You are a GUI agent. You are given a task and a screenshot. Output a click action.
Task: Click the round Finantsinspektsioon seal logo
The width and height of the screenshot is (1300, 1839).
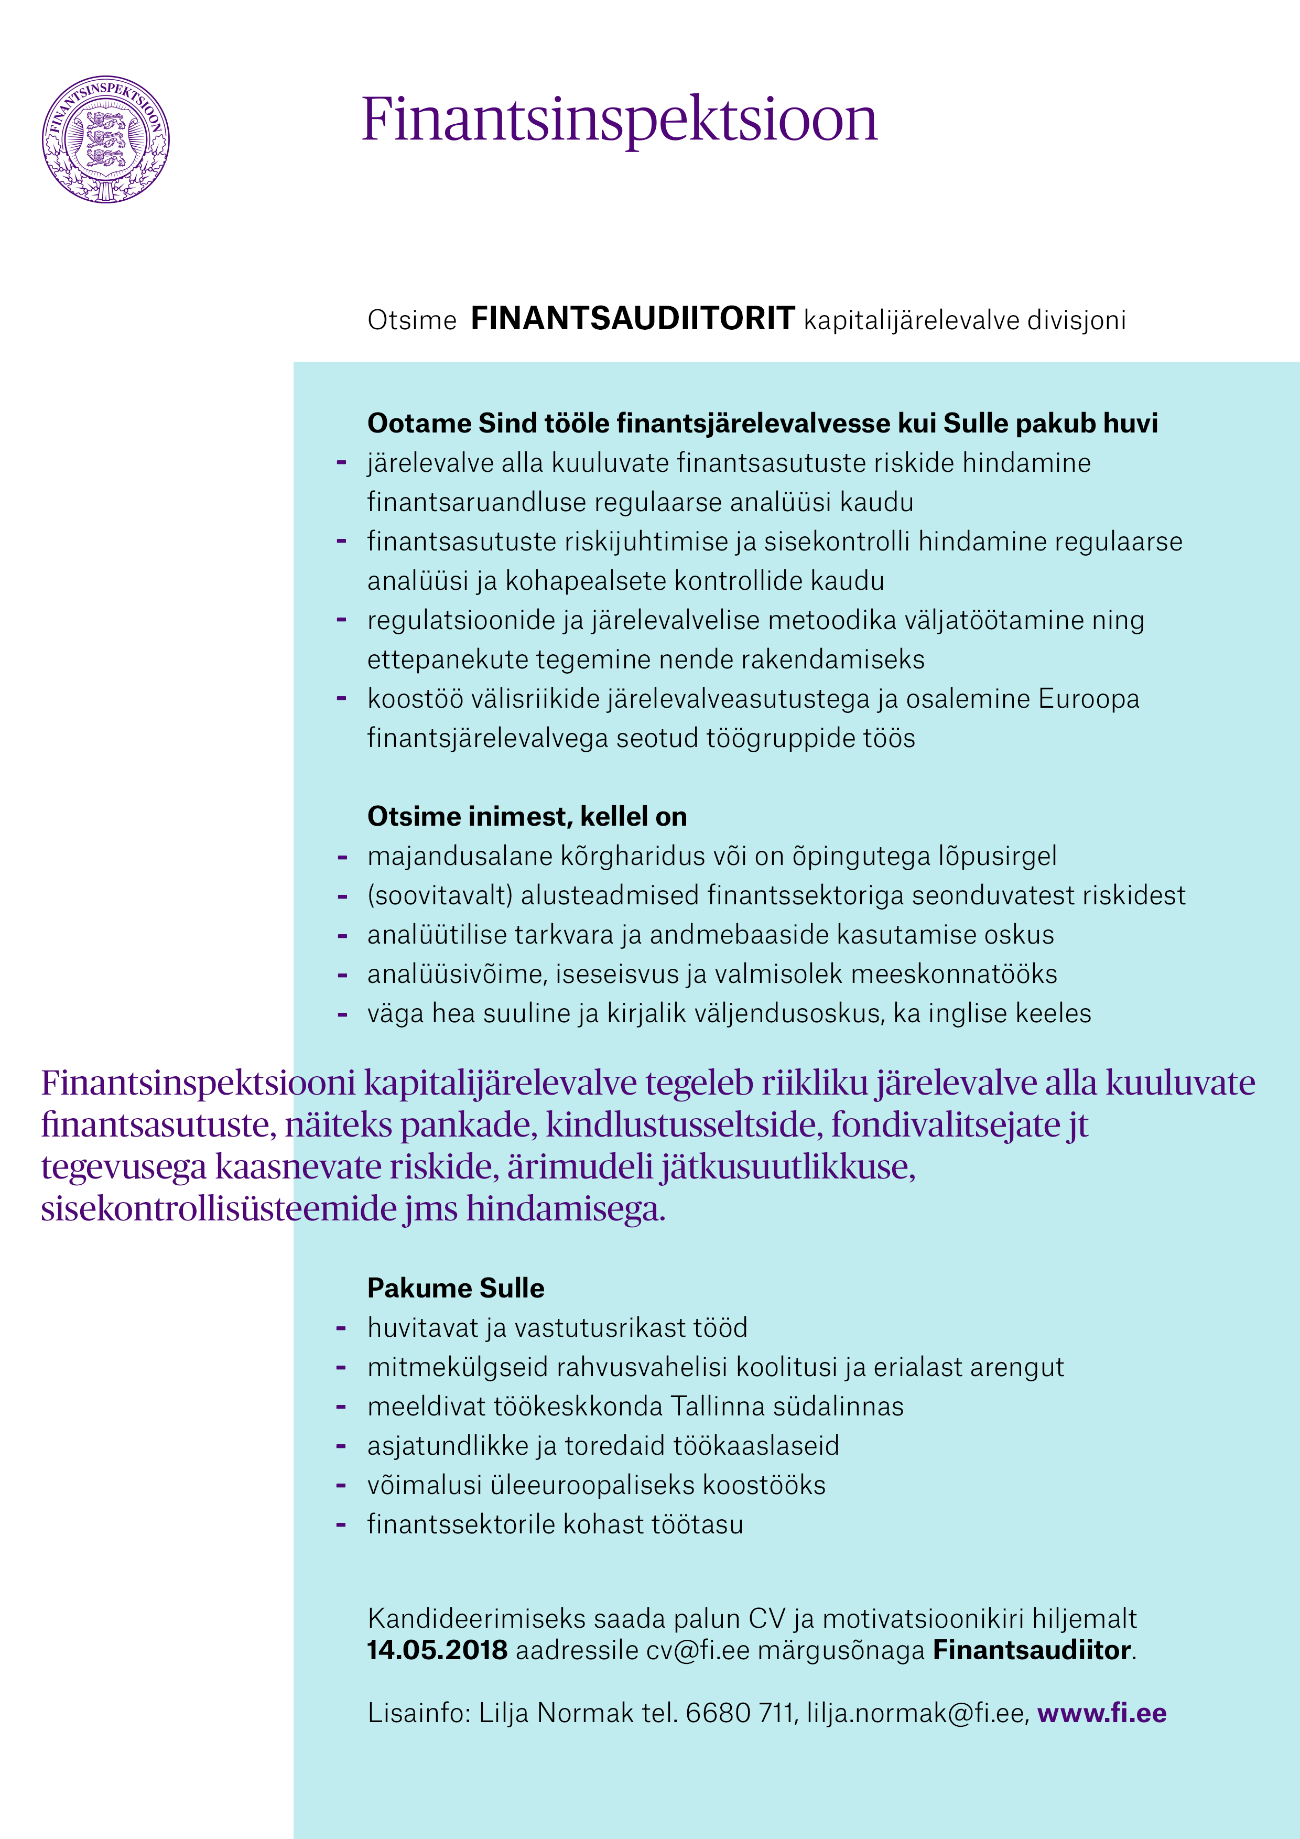[x=106, y=139]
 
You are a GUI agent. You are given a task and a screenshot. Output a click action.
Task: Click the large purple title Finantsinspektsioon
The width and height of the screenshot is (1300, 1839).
[x=619, y=120]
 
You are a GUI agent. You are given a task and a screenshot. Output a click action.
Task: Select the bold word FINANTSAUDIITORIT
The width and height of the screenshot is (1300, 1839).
[x=632, y=319]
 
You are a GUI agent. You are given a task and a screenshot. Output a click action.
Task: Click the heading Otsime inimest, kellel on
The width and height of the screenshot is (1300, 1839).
[x=526, y=816]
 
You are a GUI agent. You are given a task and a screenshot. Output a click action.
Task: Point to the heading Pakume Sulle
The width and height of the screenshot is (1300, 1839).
[x=455, y=1288]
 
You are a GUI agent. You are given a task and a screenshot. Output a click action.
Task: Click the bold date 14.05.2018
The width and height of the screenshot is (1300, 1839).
[x=437, y=1650]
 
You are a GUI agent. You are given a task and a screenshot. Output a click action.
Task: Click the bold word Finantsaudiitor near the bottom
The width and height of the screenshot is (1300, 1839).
[x=1032, y=1650]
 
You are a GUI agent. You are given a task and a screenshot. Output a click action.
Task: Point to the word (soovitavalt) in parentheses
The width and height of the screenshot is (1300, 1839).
[x=440, y=895]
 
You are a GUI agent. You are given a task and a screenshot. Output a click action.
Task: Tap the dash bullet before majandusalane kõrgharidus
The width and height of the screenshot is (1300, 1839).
[x=342, y=857]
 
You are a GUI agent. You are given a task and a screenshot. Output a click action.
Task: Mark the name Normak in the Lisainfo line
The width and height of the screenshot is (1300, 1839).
[x=584, y=1713]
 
